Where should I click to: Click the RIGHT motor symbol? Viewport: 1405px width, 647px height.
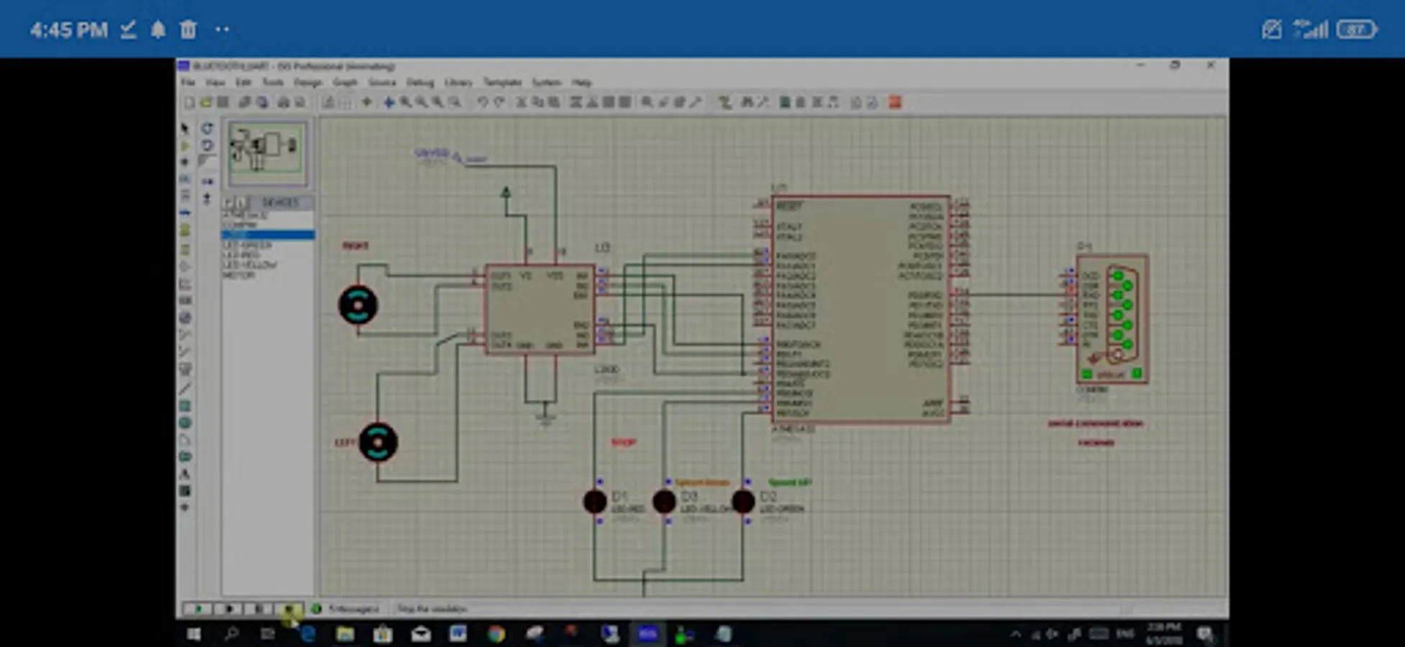tap(358, 305)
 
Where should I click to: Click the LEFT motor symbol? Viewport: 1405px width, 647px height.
tap(378, 441)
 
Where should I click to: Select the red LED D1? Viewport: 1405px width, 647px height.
tap(595, 501)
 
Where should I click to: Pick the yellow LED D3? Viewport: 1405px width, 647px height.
tap(664, 501)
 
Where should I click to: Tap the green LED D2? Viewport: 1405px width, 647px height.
tap(743, 501)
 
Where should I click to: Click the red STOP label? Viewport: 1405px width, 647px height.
tap(623, 443)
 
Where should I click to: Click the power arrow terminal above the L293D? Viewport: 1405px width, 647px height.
tap(506, 193)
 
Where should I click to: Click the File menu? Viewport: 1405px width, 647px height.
tap(188, 83)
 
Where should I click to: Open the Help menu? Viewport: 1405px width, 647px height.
tap(581, 83)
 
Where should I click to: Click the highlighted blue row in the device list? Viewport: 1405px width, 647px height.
tap(268, 235)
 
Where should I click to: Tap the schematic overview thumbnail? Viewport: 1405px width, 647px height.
tap(267, 153)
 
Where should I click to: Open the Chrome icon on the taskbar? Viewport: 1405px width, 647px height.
tap(496, 634)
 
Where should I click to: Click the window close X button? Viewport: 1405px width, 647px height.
tap(1211, 65)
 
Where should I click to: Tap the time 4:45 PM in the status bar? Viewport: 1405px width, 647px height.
tap(68, 30)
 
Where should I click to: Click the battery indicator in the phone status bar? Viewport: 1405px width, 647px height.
tap(1357, 29)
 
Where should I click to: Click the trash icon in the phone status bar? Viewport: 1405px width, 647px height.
tap(188, 29)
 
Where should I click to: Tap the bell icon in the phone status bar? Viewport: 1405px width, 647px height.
tap(158, 29)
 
